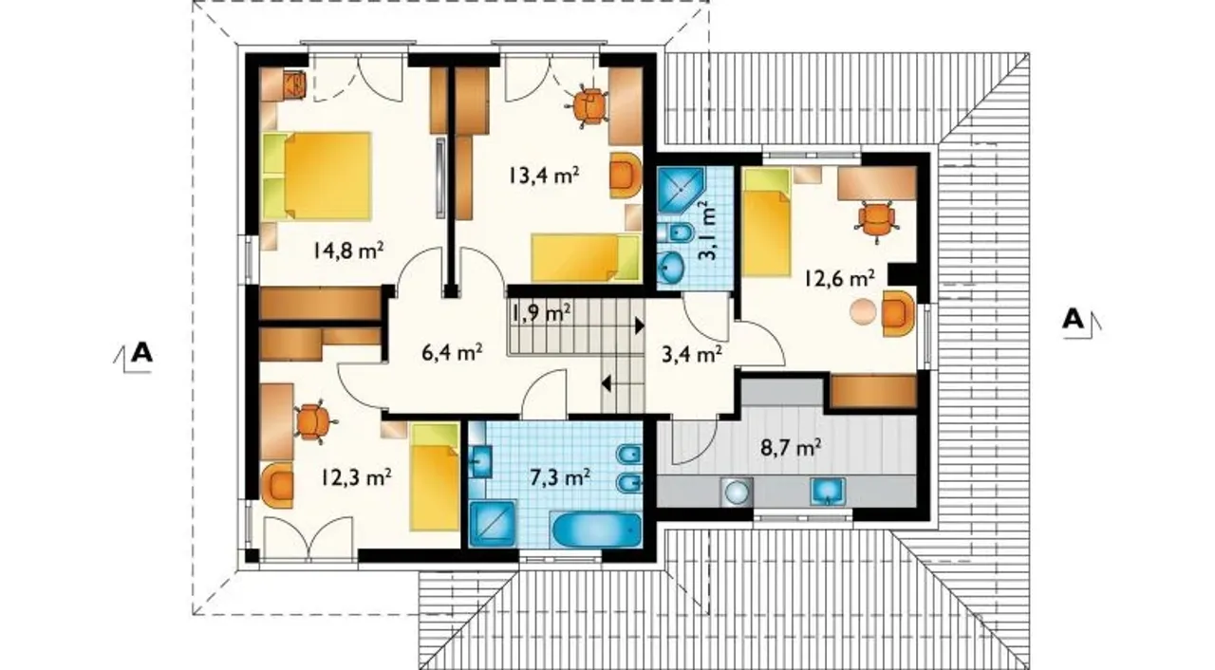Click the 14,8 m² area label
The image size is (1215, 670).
point(348,251)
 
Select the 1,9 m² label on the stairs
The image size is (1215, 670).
point(540,312)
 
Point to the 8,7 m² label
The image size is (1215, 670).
point(791,448)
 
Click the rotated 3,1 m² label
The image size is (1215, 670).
point(708,231)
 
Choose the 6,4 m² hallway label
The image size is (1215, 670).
point(453,352)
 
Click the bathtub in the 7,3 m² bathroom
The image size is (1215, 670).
point(595,530)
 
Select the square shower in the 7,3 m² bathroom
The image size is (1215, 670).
point(492,523)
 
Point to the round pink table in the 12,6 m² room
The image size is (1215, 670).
point(863,312)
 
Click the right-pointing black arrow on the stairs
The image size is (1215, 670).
point(640,326)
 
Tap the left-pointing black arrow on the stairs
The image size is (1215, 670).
point(607,383)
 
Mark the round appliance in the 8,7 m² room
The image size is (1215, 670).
point(738,492)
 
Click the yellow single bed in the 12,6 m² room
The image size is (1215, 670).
point(766,222)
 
